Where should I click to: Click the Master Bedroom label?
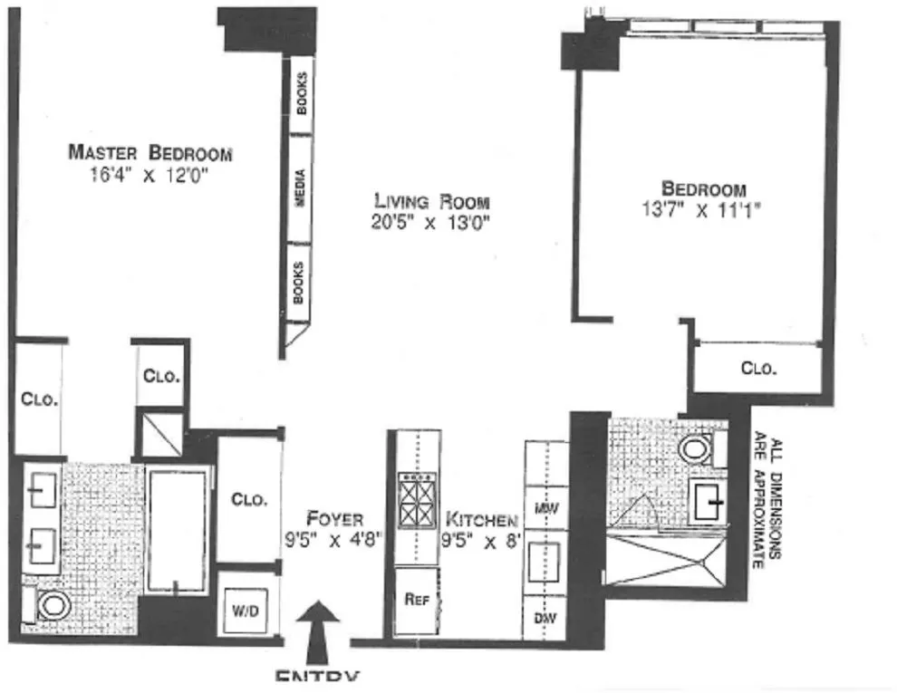150,152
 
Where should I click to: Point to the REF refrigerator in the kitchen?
417,599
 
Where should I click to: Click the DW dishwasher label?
545,620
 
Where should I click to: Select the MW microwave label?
545,510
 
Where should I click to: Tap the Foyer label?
334,519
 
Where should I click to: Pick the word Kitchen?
481,520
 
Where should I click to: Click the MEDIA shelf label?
299,189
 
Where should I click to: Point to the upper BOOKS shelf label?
301,93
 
